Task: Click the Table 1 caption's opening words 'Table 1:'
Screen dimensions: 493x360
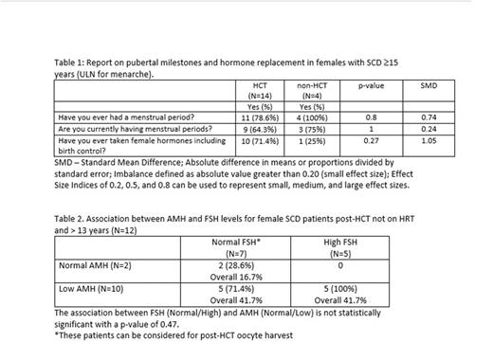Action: [73, 60]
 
